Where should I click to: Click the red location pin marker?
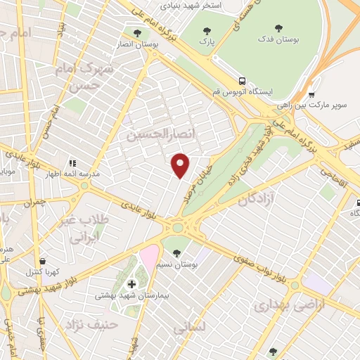click(181, 165)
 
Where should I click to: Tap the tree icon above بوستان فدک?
click(279, 29)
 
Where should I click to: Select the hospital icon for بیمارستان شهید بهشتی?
click(131, 284)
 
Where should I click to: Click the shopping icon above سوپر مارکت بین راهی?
click(311, 94)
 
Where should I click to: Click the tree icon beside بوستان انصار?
click(136, 32)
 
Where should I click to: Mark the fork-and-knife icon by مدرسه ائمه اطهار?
click(72, 164)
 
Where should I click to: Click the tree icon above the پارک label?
click(207, 30)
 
